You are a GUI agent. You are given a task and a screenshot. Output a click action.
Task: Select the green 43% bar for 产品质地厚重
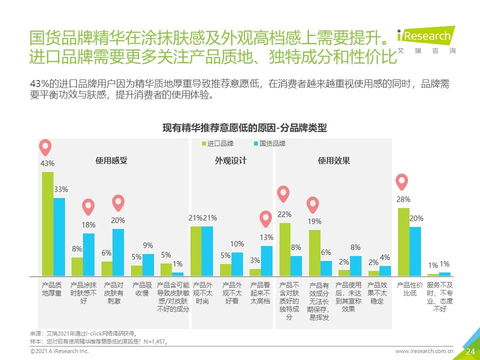tap(47, 223)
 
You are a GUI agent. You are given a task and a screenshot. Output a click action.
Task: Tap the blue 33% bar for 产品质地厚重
tap(59, 236)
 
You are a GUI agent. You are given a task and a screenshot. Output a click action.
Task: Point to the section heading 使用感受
tap(111, 160)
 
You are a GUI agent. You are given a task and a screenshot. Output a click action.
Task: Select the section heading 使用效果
tap(333, 160)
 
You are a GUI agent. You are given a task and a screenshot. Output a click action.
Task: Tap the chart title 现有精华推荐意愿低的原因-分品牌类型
tap(244, 128)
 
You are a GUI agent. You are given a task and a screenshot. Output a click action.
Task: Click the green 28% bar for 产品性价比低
tap(403, 241)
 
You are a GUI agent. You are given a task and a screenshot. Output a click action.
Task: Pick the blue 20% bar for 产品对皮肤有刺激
tap(118, 252)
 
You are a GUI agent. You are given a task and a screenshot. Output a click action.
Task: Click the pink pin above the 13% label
tap(266, 220)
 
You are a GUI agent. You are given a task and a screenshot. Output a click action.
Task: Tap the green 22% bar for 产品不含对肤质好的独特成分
tap(285, 249)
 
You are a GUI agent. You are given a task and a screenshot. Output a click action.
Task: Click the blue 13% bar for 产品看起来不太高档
tap(266, 260)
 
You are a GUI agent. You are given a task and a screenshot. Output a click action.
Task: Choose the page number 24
tap(470, 351)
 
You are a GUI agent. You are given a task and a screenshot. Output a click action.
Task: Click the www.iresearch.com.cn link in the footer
tap(424, 351)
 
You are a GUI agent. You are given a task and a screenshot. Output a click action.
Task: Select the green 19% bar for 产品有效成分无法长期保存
tap(314, 252)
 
